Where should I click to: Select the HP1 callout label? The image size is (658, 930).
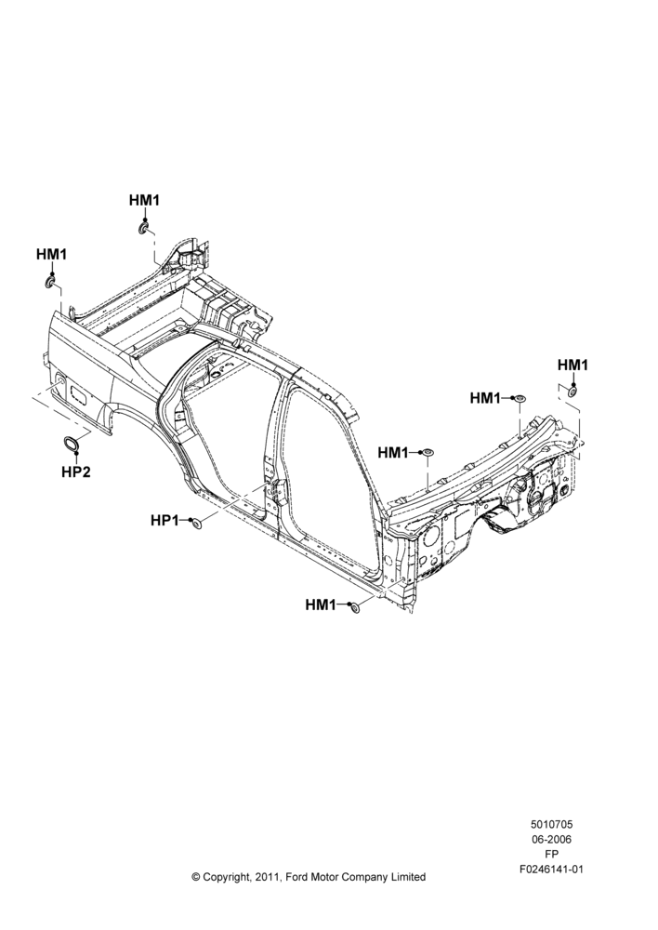pyautogui.click(x=164, y=520)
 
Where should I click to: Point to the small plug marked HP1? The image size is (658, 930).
pyautogui.click(x=195, y=522)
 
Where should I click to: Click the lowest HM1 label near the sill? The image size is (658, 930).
pyautogui.click(x=320, y=604)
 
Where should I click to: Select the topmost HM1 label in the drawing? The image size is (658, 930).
pyautogui.click(x=145, y=201)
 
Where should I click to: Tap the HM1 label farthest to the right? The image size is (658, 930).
pyautogui.click(x=572, y=365)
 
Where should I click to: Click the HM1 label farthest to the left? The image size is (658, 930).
pyautogui.click(x=51, y=254)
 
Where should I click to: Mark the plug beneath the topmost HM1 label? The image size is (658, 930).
pyautogui.click(x=143, y=229)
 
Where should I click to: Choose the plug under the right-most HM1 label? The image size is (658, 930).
pyautogui.click(x=573, y=392)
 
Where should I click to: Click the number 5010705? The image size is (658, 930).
pyautogui.click(x=551, y=824)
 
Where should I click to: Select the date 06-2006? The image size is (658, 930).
pyautogui.click(x=551, y=839)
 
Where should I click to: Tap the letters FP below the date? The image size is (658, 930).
pyautogui.click(x=551, y=854)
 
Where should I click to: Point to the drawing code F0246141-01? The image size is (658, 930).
pyautogui.click(x=551, y=870)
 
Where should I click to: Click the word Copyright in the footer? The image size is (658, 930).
pyautogui.click(x=226, y=877)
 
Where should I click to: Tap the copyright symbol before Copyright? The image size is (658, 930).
pyautogui.click(x=195, y=877)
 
